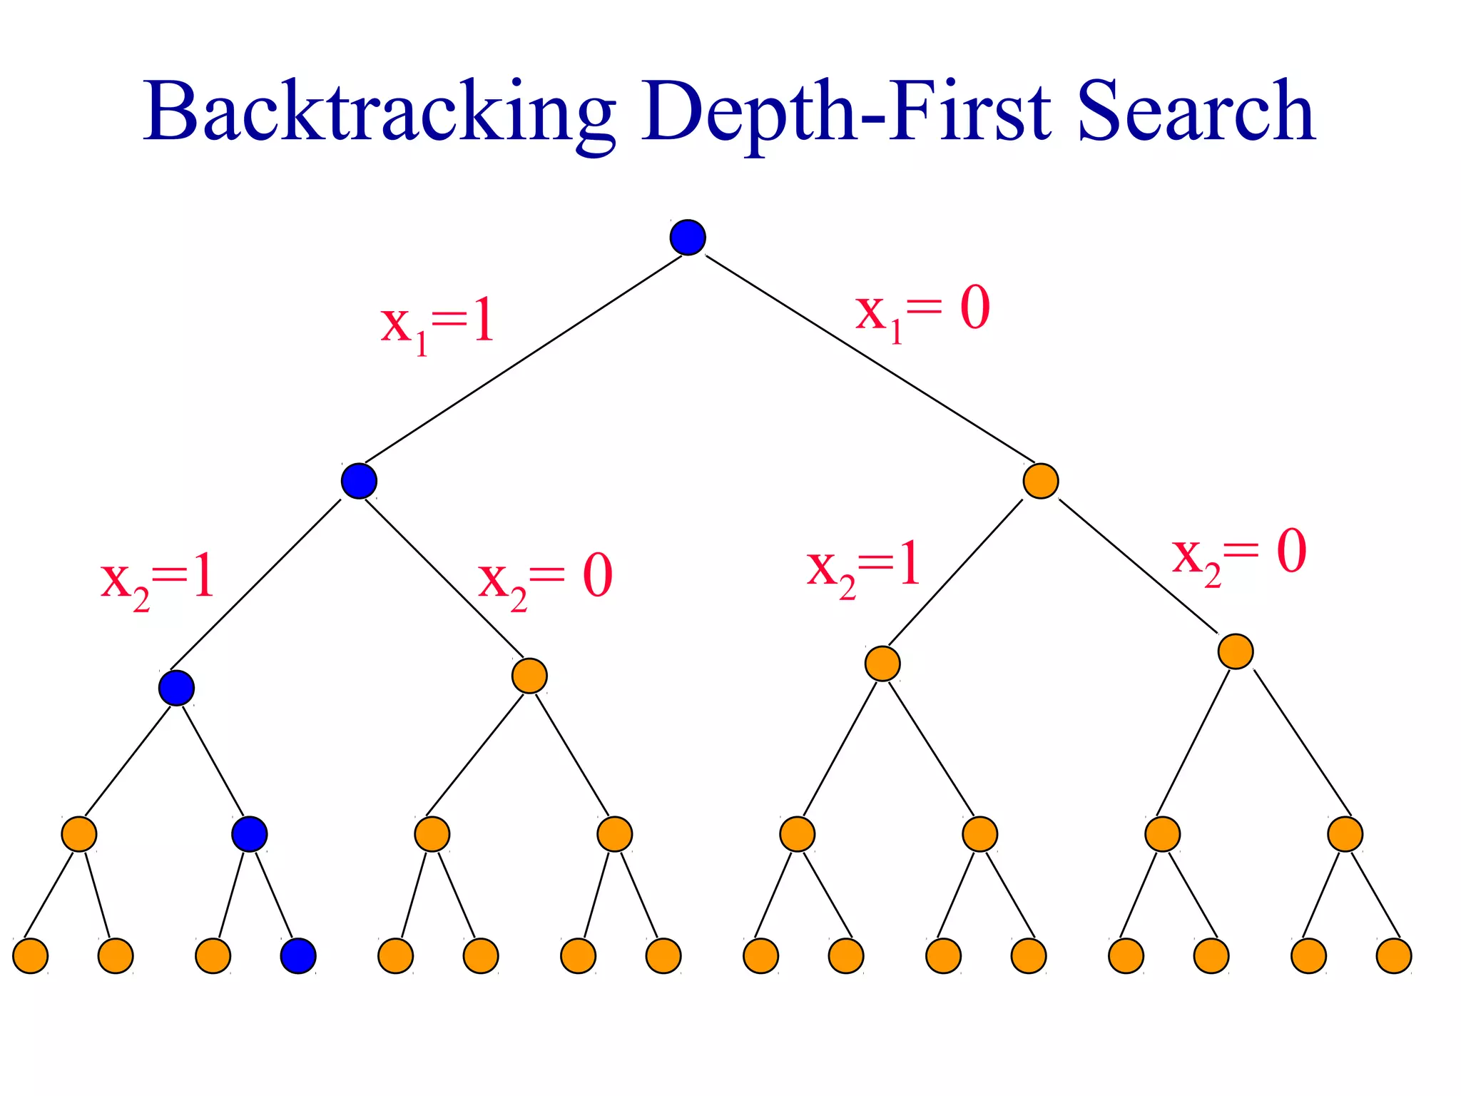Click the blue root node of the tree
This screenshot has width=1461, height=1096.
click(x=688, y=238)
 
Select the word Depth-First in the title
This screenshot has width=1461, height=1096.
click(x=846, y=113)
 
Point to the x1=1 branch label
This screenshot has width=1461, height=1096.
click(x=437, y=325)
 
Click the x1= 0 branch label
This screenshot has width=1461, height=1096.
click(x=922, y=311)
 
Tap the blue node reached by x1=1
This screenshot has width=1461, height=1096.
click(x=359, y=481)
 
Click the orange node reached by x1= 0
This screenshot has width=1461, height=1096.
click(x=1040, y=481)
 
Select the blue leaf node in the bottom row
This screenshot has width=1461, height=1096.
click(x=298, y=955)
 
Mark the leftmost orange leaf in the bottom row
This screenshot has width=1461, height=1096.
click(x=31, y=955)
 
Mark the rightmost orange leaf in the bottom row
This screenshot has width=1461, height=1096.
click(x=1393, y=955)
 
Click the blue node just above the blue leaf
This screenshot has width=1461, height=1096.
click(x=250, y=833)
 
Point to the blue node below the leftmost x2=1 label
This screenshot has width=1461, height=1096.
click(x=176, y=688)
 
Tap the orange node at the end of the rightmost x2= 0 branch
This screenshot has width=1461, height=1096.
click(x=1236, y=651)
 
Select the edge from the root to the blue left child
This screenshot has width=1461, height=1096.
click(x=523, y=359)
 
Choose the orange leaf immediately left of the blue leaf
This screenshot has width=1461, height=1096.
click(x=213, y=955)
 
